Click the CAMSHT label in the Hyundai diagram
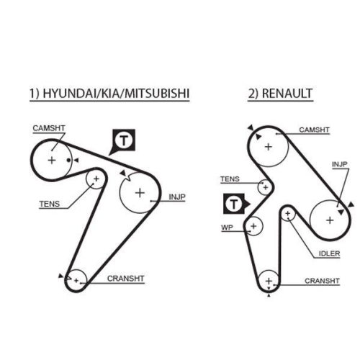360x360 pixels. point(48,128)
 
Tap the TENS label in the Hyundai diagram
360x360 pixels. point(50,204)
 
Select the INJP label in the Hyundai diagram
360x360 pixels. point(177,197)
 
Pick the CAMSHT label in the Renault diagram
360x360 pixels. point(315,130)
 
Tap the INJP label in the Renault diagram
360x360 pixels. point(339,164)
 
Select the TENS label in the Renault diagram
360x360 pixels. point(230,179)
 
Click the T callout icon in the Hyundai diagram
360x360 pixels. point(124,140)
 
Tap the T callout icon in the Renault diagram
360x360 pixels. point(234,204)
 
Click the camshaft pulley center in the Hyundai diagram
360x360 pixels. point(52,160)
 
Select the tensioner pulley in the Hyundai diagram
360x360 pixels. point(95,179)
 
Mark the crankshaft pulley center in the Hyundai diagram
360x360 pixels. point(76,279)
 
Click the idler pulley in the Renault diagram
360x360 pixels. point(288,214)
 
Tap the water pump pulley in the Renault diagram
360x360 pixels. point(253,227)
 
